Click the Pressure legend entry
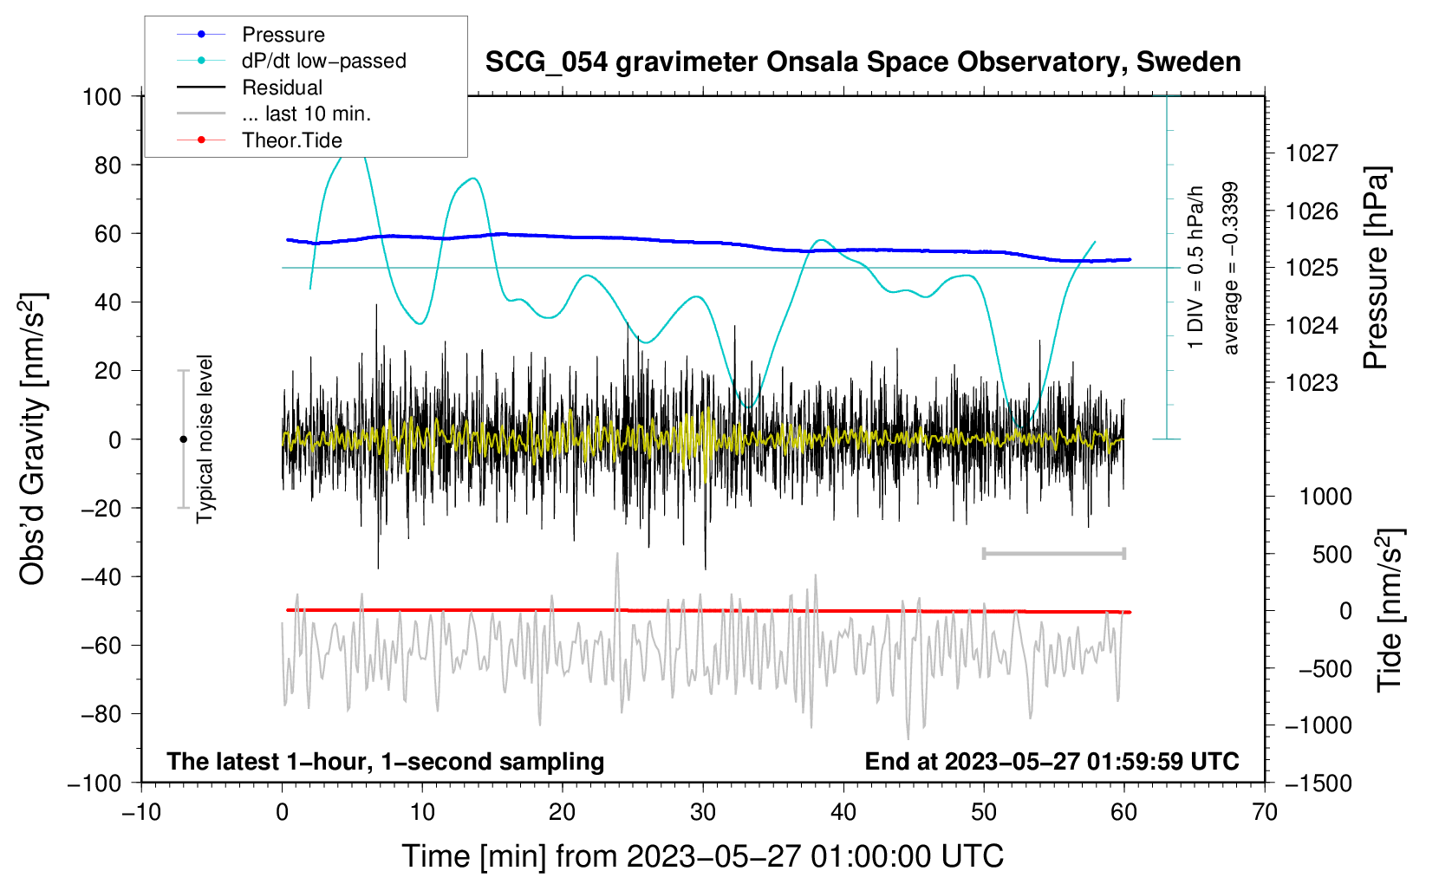(251, 35)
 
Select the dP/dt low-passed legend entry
(291, 61)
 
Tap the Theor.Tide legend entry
(259, 140)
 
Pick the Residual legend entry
(250, 88)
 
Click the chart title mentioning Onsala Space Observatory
(863, 62)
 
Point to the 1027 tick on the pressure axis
(1312, 153)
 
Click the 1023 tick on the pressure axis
(1312, 383)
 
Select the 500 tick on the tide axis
(1332, 555)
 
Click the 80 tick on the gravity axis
(107, 166)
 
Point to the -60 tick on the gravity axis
(101, 645)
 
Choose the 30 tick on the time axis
(703, 812)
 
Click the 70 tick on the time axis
(1264, 812)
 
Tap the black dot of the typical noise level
(183, 439)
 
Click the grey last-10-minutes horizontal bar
(1053, 554)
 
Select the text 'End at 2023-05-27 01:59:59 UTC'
(1052, 761)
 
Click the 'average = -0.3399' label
(1229, 268)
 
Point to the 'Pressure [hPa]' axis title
(1376, 268)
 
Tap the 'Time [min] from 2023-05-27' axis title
(702, 856)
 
